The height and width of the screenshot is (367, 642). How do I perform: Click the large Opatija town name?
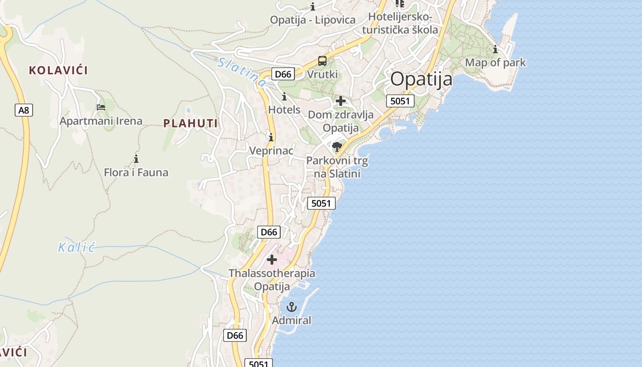pyautogui.click(x=421, y=79)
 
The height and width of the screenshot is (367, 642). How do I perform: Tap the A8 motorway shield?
pyautogui.click(x=23, y=110)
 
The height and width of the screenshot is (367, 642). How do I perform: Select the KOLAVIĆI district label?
pyautogui.click(x=58, y=70)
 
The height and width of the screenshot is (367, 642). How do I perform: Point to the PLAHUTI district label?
pyautogui.click(x=190, y=123)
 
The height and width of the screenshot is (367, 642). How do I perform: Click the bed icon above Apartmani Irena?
pyautogui.click(x=101, y=107)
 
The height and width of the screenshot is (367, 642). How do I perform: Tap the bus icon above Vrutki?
pyautogui.click(x=322, y=61)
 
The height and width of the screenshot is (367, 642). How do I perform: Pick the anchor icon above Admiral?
pyautogui.click(x=292, y=306)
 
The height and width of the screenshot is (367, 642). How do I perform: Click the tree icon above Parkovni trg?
pyautogui.click(x=337, y=147)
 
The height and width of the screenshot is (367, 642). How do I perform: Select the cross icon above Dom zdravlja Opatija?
pyautogui.click(x=341, y=101)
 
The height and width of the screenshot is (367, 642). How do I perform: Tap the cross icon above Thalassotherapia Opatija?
pyautogui.click(x=272, y=260)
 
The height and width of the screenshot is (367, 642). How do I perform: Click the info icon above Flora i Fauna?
pyautogui.click(x=136, y=159)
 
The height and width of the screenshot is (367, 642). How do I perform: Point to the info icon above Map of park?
pyautogui.click(x=495, y=49)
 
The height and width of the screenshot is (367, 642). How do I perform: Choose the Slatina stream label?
pyautogui.click(x=241, y=72)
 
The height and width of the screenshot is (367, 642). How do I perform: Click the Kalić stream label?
pyautogui.click(x=76, y=248)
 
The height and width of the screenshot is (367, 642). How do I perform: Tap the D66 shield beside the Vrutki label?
pyautogui.click(x=282, y=74)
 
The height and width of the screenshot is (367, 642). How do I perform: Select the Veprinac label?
pyautogui.click(x=271, y=150)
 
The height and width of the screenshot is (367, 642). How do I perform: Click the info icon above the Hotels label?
pyautogui.click(x=284, y=96)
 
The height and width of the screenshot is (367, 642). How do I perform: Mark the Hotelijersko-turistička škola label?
pyautogui.click(x=400, y=23)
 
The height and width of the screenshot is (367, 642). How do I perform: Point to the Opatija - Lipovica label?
pyautogui.click(x=313, y=20)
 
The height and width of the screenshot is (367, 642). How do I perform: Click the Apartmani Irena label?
pyautogui.click(x=101, y=121)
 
